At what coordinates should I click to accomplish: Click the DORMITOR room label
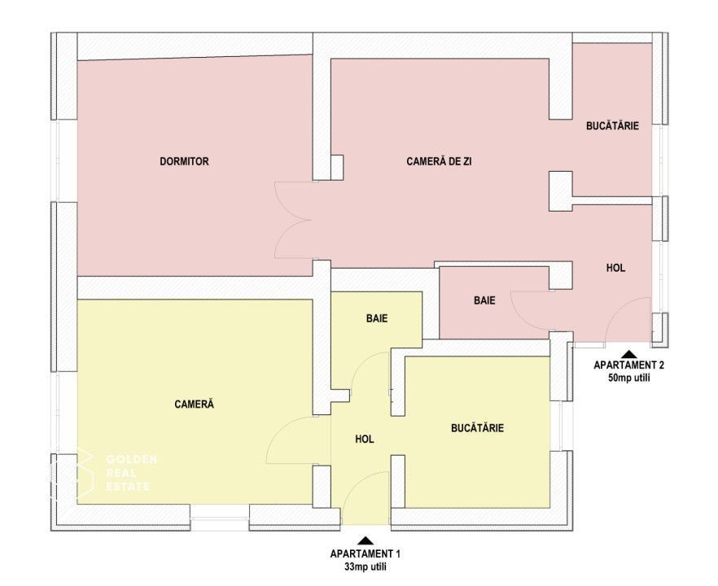click(184, 162)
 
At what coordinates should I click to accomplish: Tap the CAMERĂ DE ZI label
click(439, 162)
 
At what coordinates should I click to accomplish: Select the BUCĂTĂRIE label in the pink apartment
click(612, 126)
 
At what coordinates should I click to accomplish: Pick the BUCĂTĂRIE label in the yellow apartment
click(477, 427)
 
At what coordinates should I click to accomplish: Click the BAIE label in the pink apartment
click(484, 300)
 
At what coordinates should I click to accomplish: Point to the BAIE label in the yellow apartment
click(376, 319)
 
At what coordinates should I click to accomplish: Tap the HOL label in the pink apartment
click(616, 268)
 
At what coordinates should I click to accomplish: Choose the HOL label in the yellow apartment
click(364, 439)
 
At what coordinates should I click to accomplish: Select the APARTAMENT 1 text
click(365, 553)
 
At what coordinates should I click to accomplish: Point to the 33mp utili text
click(365, 566)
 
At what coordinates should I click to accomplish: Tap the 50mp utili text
click(627, 378)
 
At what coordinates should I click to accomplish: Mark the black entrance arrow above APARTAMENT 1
click(366, 540)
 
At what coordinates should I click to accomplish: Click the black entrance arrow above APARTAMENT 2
click(628, 354)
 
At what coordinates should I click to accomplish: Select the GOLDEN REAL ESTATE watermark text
click(131, 473)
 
